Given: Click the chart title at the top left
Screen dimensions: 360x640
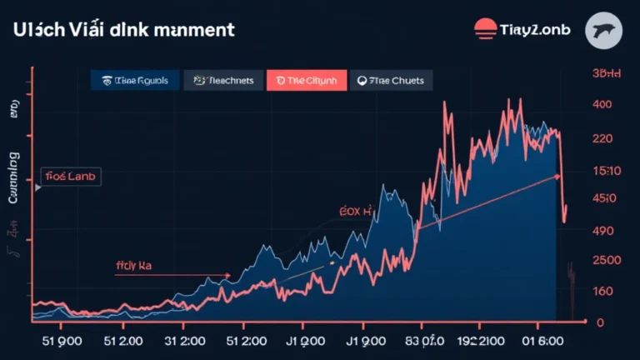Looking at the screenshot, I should pyautogui.click(x=123, y=30).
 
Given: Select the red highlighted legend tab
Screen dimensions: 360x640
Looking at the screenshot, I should pyautogui.click(x=306, y=80).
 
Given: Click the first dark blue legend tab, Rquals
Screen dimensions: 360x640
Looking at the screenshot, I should pyautogui.click(x=135, y=80).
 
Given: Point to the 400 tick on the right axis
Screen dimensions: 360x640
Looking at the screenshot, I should pyautogui.click(x=602, y=105).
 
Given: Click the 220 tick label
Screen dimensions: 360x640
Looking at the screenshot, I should pyautogui.click(x=602, y=138).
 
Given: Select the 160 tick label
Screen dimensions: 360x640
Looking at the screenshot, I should pyautogui.click(x=602, y=291).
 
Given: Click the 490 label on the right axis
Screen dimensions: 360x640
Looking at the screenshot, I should pyautogui.click(x=602, y=230).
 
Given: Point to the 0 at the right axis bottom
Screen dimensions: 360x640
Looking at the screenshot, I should pyautogui.click(x=600, y=322).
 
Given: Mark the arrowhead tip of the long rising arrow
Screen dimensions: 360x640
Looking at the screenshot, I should pyautogui.click(x=559, y=175).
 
